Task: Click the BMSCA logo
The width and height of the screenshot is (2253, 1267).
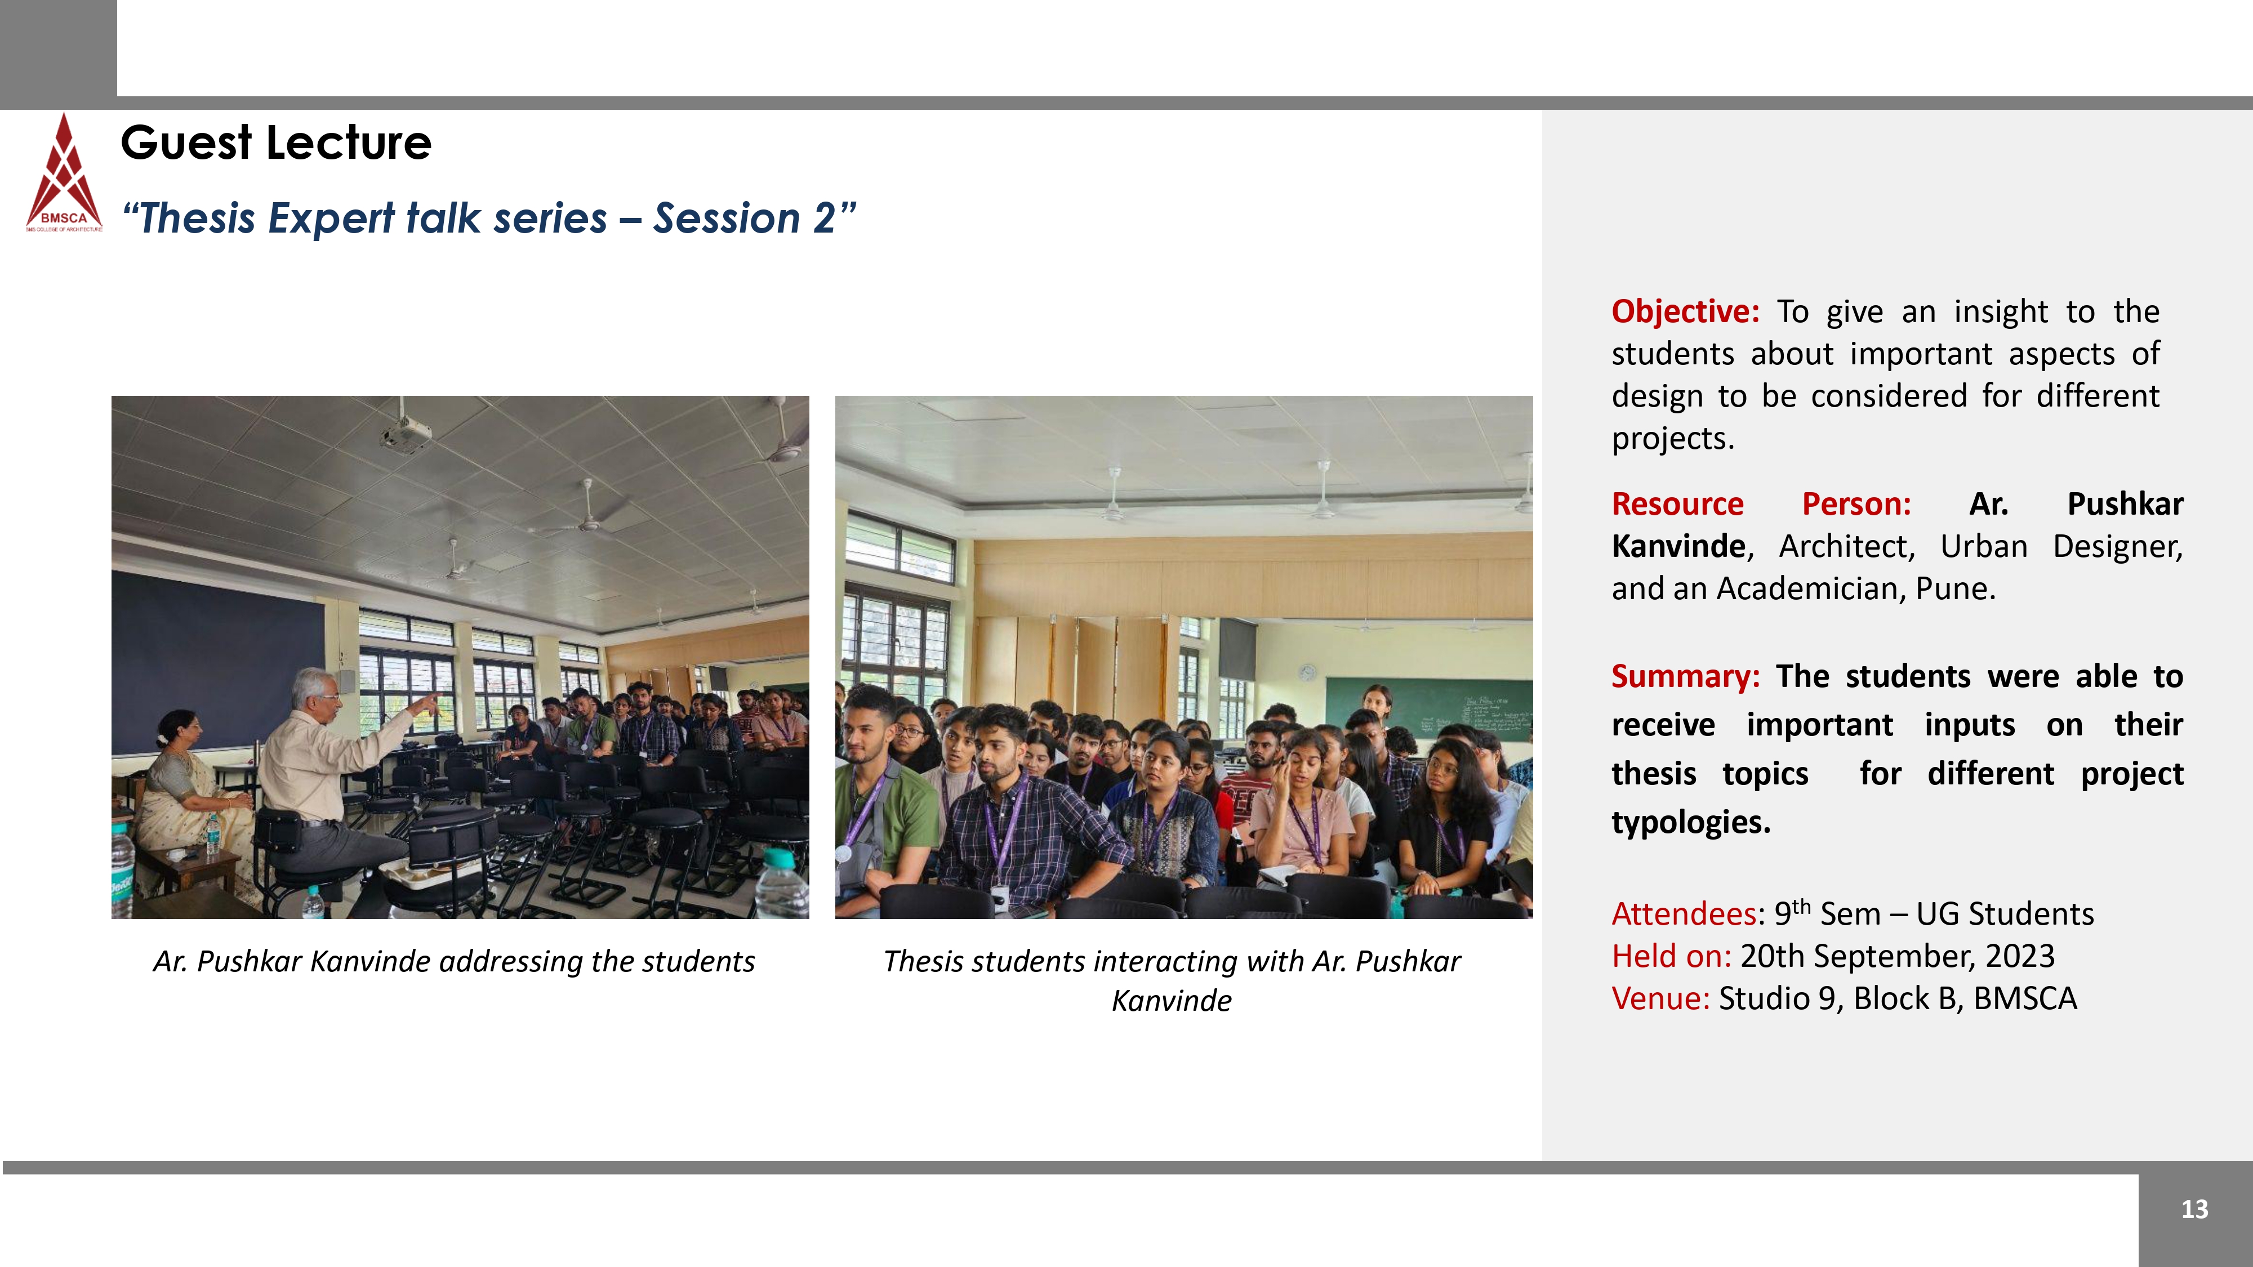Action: tap(64, 172)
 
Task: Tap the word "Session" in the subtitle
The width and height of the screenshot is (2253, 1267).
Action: tap(727, 218)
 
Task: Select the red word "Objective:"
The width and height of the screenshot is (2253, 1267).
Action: tap(1685, 312)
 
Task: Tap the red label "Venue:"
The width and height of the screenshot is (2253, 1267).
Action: tap(1660, 998)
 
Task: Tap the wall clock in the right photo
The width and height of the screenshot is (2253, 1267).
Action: tap(1307, 672)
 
